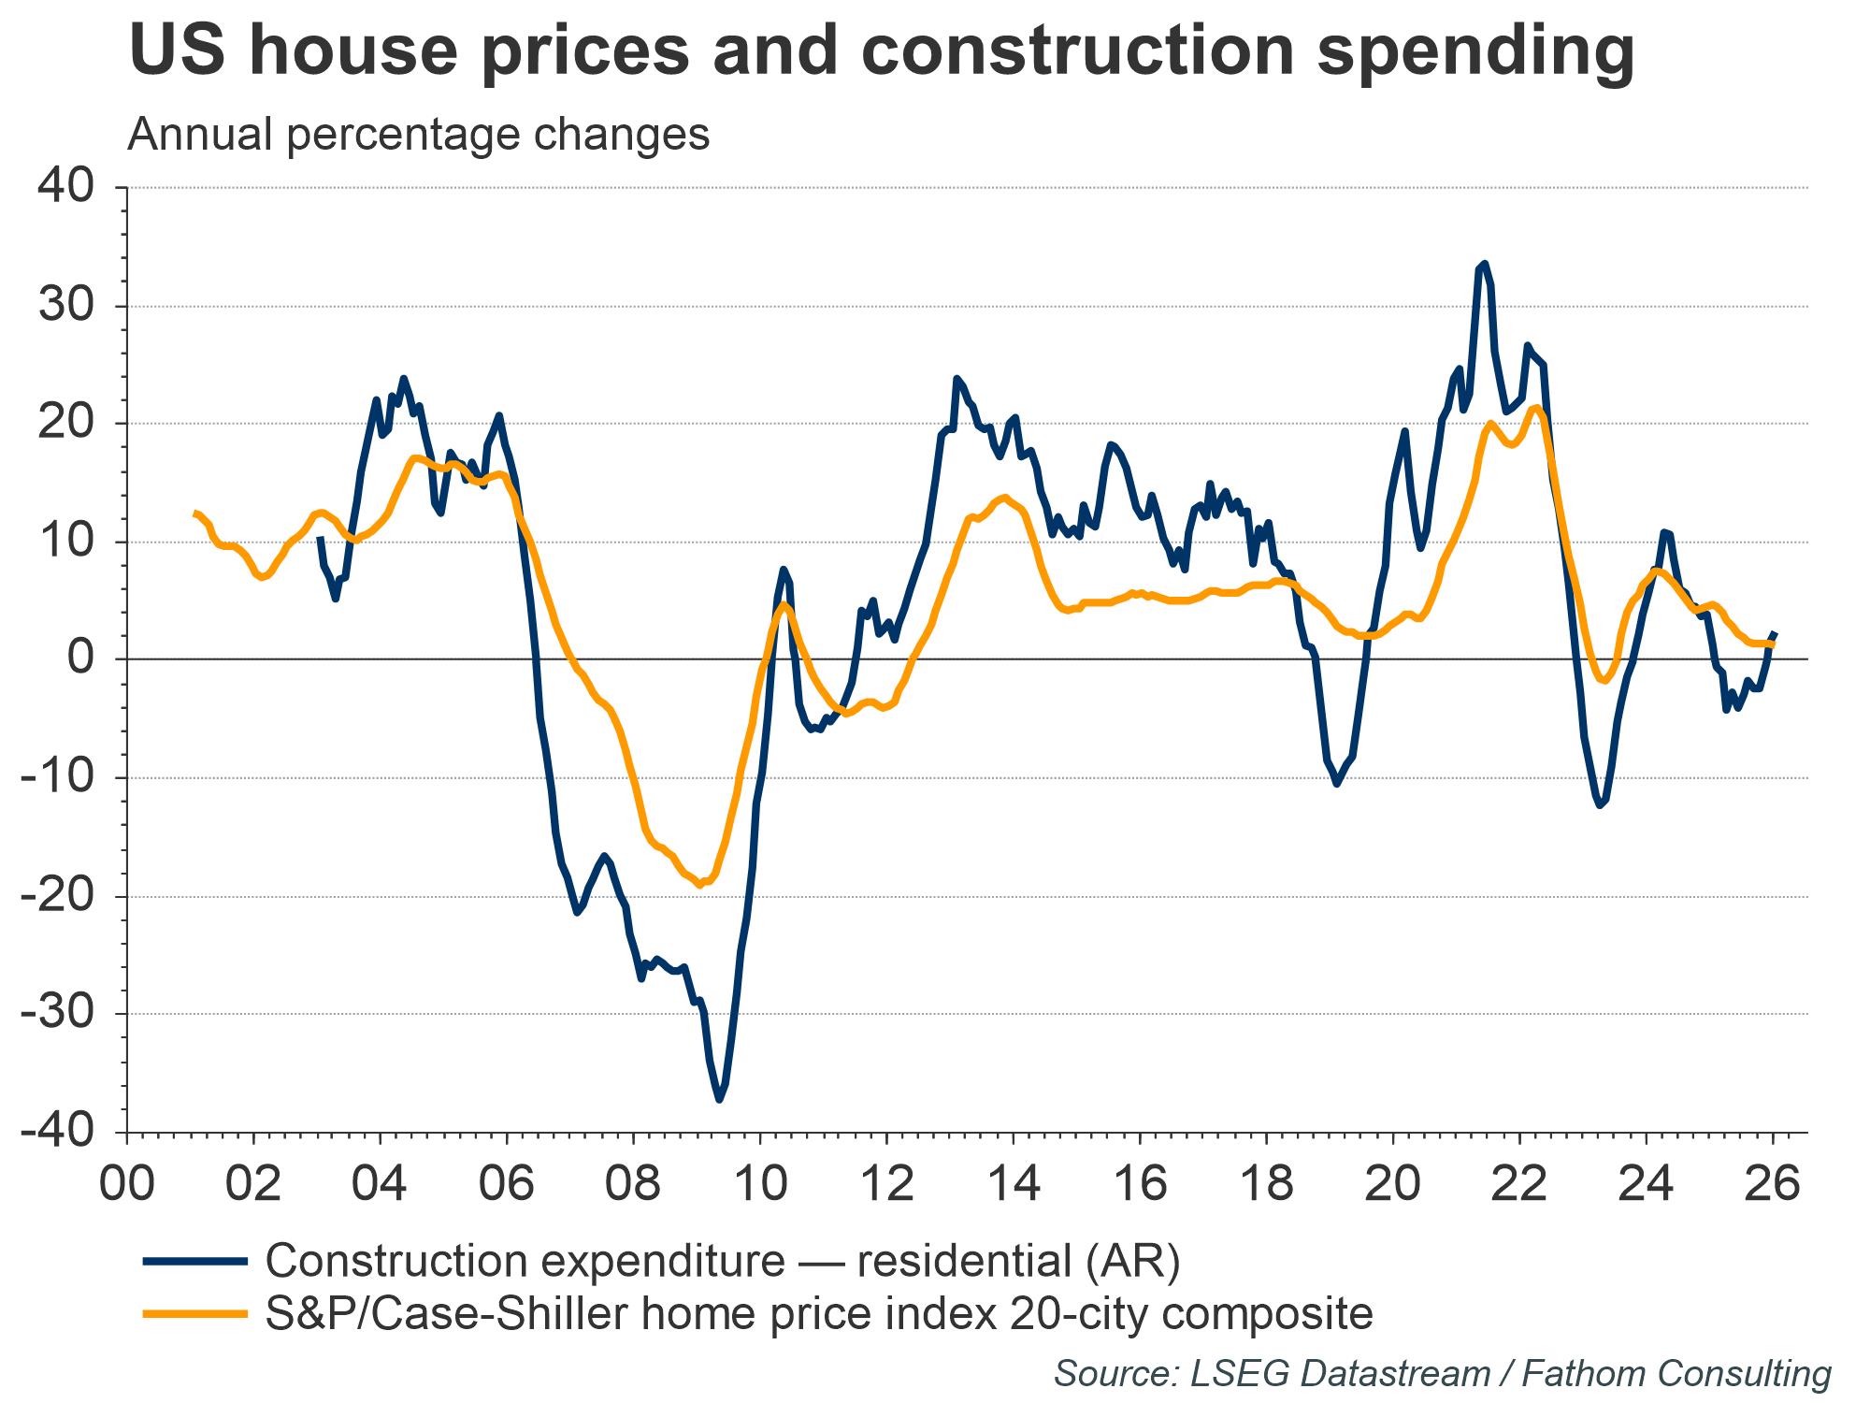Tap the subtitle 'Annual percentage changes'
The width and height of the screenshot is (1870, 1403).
[418, 135]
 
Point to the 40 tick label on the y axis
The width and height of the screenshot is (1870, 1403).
[65, 186]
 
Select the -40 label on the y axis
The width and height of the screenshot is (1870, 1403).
[58, 1133]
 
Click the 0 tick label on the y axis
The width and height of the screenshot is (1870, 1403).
[82, 659]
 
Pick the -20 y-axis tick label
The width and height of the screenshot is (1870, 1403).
[58, 896]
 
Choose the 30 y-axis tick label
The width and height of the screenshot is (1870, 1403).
[65, 306]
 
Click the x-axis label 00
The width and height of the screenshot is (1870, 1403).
[127, 1182]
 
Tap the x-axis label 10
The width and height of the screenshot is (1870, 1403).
[760, 1182]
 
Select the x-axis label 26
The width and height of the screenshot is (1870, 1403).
[1773, 1182]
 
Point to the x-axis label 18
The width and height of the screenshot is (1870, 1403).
[1266, 1182]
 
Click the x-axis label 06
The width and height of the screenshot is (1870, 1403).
[507, 1182]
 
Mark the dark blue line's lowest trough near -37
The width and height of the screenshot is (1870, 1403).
[719, 1100]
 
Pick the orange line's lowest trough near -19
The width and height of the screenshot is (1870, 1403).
[700, 884]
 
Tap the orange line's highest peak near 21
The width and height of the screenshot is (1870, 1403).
[1535, 407]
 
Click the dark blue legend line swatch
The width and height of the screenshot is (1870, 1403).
[195, 1262]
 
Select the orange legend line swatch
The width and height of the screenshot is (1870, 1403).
[195, 1314]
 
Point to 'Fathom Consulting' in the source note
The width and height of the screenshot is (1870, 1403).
[1676, 1373]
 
